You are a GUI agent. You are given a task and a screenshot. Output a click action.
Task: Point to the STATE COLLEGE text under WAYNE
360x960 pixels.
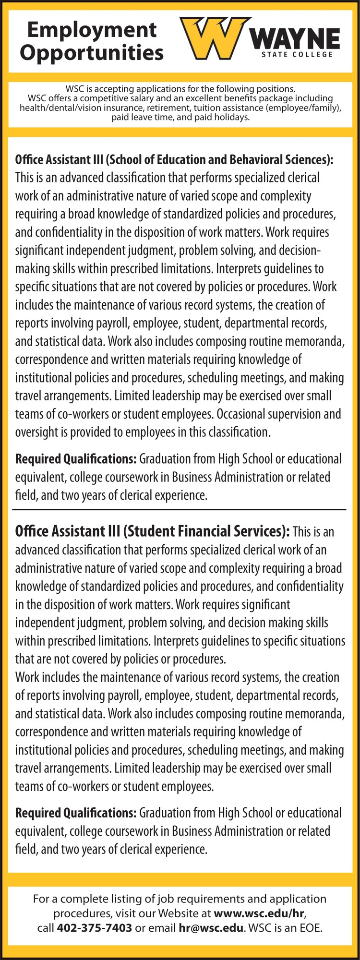tap(297, 54)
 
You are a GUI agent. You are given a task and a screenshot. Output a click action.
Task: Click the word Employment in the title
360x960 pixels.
tap(92, 30)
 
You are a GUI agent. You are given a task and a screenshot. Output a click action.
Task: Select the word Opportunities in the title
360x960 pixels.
tap(92, 52)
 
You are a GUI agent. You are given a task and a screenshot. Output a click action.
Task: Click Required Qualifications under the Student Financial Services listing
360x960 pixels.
tap(76, 813)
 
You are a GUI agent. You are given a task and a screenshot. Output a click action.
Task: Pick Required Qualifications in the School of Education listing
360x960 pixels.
tap(76, 459)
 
